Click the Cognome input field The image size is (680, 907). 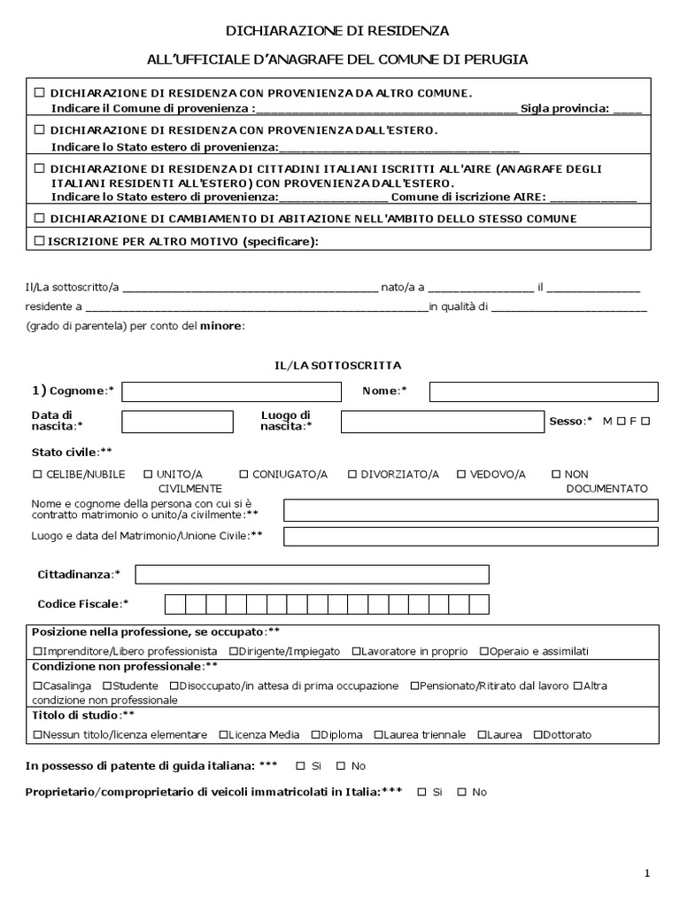point(230,391)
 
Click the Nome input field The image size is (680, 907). point(544,391)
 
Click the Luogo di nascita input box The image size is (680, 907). point(442,422)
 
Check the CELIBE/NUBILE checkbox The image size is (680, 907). point(37,474)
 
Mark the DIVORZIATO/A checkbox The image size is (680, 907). point(352,474)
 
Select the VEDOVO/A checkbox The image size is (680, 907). point(461,474)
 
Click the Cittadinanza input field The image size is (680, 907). point(397,575)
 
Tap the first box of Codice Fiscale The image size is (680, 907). point(174,604)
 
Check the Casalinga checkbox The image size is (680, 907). point(37,686)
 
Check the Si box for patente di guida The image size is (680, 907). point(300,765)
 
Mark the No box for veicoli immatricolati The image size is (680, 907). point(461,792)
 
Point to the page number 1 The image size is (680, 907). point(647,874)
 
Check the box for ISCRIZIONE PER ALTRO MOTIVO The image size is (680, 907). point(38,240)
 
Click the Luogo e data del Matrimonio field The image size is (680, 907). point(470,536)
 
